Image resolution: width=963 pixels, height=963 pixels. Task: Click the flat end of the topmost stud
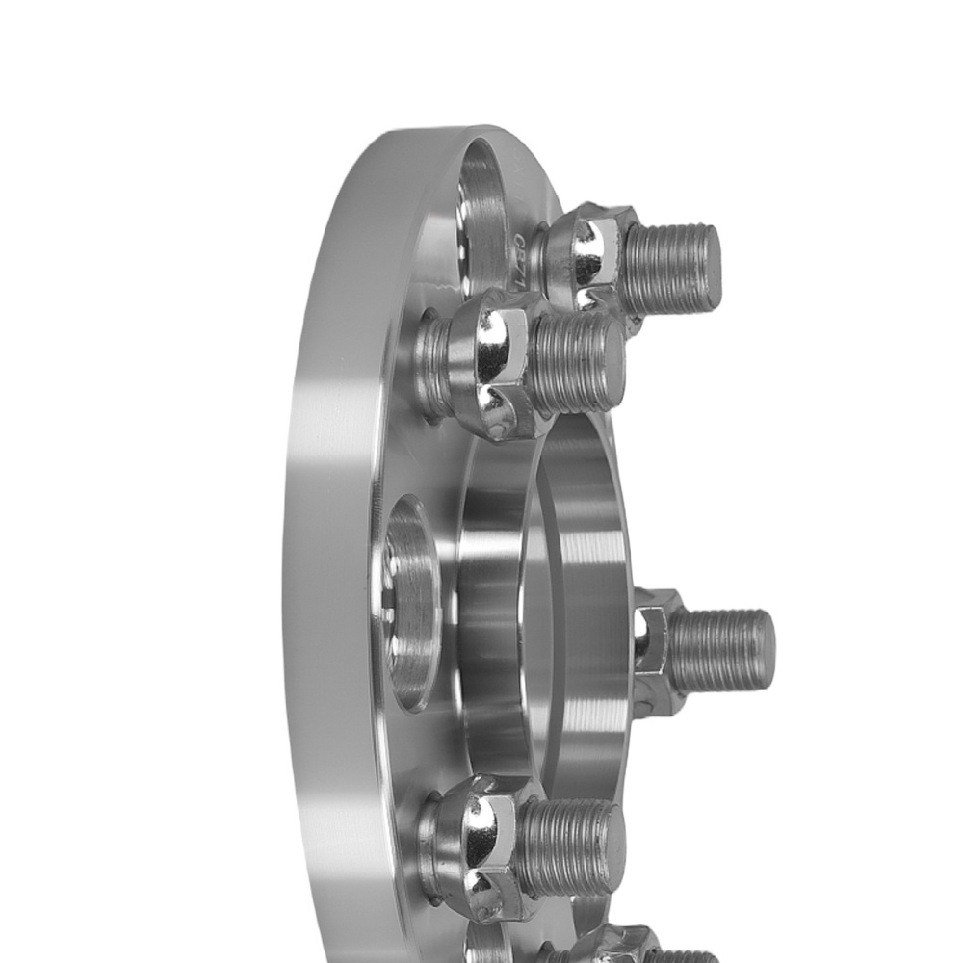point(709,267)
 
